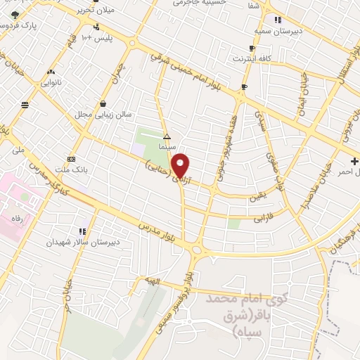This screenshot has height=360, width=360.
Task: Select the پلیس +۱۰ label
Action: pos(99,37)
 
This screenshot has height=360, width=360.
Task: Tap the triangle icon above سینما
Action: pos(167,136)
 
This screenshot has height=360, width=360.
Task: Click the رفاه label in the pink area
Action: pos(16,218)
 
